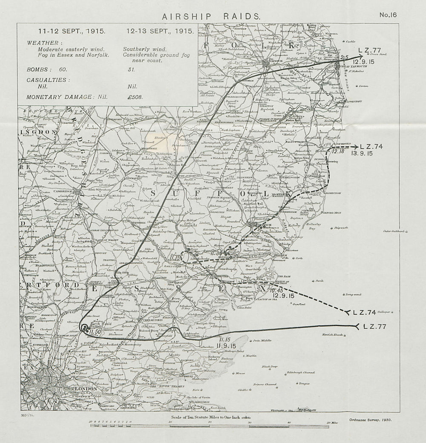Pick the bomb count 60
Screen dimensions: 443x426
click(63, 69)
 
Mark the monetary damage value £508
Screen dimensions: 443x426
click(135, 97)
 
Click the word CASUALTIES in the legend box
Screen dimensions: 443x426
click(47, 80)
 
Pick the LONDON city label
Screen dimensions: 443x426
click(86, 389)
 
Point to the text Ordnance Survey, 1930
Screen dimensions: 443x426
click(369, 420)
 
